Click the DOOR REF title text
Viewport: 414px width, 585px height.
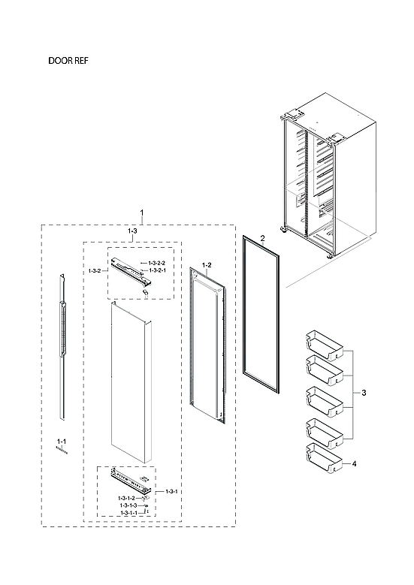[x=70, y=62]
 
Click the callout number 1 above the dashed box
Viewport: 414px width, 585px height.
[x=142, y=215]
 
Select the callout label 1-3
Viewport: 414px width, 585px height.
[x=131, y=232]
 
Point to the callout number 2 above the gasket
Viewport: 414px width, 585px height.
[x=262, y=238]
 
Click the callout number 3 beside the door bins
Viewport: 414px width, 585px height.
[x=364, y=394]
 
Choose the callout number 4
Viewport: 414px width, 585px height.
[x=354, y=464]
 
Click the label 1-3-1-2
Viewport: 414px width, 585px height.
[x=125, y=499]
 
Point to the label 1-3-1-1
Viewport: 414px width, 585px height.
[x=130, y=513]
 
